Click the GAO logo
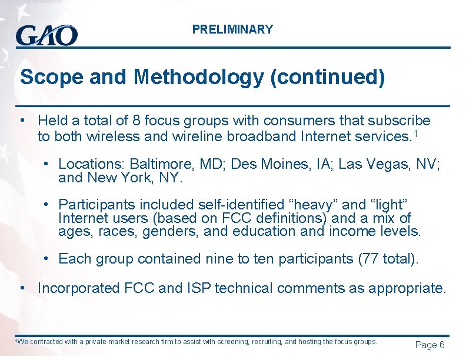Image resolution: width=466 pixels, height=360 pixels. (x=46, y=35)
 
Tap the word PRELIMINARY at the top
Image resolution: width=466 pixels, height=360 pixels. (x=232, y=29)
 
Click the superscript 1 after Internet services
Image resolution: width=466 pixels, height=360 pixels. (x=417, y=135)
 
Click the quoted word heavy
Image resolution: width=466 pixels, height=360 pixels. (x=310, y=205)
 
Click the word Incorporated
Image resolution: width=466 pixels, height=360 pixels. (x=79, y=288)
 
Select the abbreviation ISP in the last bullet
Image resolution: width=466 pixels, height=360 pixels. (x=227, y=288)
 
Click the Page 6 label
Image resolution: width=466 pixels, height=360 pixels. (x=430, y=345)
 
